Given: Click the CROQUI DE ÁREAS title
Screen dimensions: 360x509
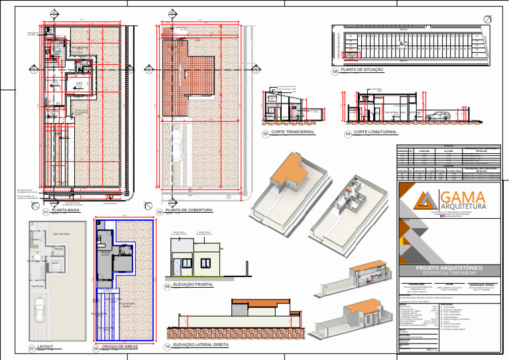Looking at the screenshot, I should click(119, 346).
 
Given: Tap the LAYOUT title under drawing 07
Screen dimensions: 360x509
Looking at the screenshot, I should click(46, 346).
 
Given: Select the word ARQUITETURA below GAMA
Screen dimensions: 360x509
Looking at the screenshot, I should click(463, 208).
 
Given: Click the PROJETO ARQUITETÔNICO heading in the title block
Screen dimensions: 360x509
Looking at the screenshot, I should click(448, 267).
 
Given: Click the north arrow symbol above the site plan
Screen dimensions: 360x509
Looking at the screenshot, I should click(488, 19).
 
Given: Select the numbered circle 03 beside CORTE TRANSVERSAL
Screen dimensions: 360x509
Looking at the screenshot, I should click(265, 134).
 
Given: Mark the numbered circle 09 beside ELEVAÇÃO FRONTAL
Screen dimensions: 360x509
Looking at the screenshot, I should click(168, 286).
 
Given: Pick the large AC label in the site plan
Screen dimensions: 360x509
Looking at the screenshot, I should click(403, 44).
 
